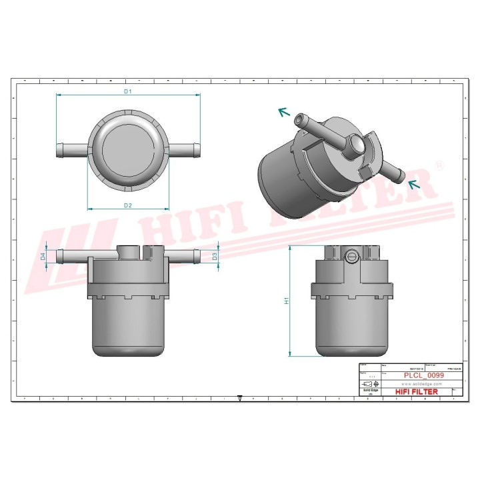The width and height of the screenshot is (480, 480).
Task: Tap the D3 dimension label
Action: point(215,255)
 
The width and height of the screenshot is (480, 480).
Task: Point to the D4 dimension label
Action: point(43,255)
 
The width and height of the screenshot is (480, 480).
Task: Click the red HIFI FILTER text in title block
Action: point(417,392)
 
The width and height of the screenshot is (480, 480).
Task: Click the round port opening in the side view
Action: point(352,255)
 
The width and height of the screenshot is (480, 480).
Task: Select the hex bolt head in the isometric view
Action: point(357,143)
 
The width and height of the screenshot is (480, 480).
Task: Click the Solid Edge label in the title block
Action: point(370,391)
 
